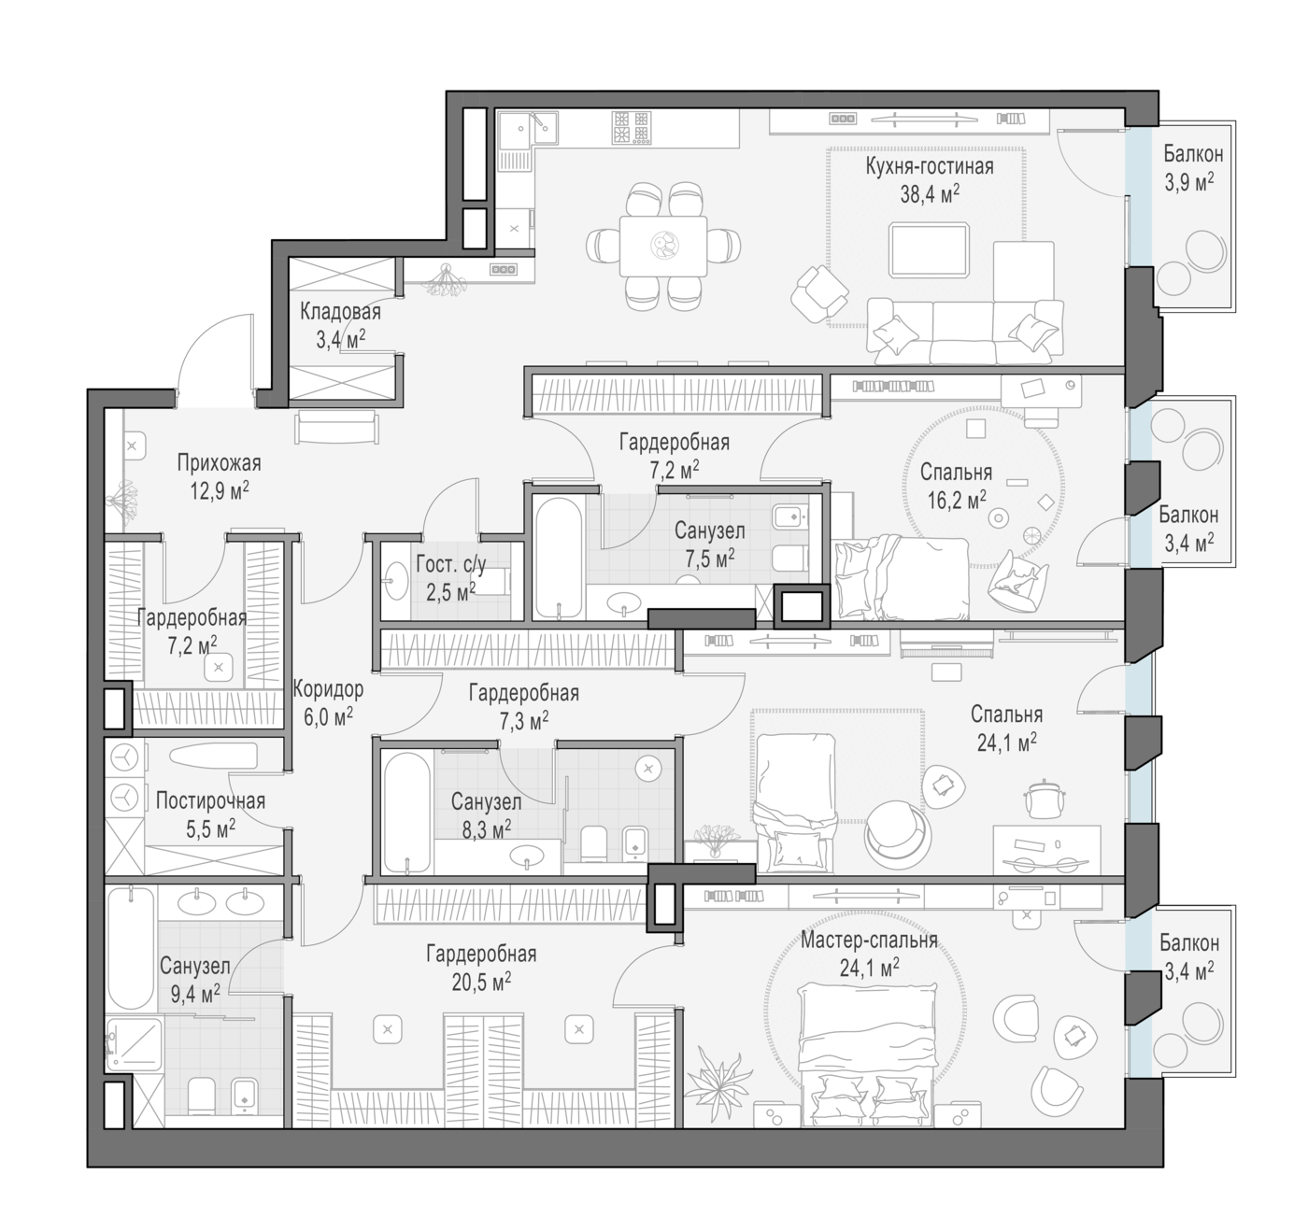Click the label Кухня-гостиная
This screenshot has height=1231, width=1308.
pyautogui.click(x=930, y=166)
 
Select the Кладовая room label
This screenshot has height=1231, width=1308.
pyautogui.click(x=340, y=311)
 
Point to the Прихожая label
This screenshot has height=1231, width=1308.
pyautogui.click(x=219, y=463)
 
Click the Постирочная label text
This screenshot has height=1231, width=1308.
pyautogui.click(x=211, y=801)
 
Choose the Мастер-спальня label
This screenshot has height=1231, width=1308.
pyautogui.click(x=869, y=941)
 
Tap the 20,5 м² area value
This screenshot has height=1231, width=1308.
pyautogui.click(x=481, y=982)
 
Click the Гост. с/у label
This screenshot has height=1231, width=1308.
pyautogui.click(x=451, y=564)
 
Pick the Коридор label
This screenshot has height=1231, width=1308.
pyautogui.click(x=328, y=689)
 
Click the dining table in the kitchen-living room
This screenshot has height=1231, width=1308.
pyautogui.click(x=662, y=247)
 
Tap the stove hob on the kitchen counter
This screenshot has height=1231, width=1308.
pyautogui.click(x=632, y=127)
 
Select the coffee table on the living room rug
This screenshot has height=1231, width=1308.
pyautogui.click(x=929, y=249)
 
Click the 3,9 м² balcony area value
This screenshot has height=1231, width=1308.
pyautogui.click(x=1188, y=182)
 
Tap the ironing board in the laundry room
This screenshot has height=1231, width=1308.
pyautogui.click(x=213, y=757)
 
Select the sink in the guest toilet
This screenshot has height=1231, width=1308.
pyautogui.click(x=396, y=581)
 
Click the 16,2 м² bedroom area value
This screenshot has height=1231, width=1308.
pyautogui.click(x=957, y=500)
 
